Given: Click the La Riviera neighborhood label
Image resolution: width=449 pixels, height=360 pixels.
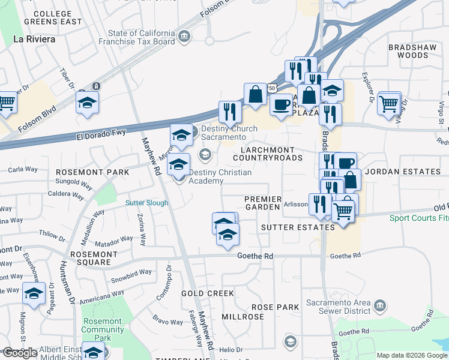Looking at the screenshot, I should [x=34, y=39].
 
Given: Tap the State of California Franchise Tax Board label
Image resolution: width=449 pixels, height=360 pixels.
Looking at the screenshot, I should [x=142, y=38].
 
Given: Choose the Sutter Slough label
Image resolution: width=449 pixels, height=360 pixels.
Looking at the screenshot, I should [x=146, y=203].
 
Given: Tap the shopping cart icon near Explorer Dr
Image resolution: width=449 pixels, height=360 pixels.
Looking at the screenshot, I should [x=389, y=103].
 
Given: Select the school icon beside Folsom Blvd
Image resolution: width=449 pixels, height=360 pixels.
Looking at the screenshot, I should [x=87, y=103].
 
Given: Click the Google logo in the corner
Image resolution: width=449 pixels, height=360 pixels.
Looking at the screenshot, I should [x=20, y=353].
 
